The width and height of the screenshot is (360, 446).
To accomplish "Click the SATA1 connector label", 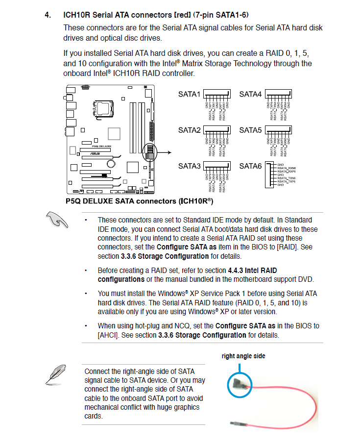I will pyautogui.click(x=189, y=95).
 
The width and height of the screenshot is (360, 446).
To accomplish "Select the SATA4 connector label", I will pyautogui.click(x=250, y=95).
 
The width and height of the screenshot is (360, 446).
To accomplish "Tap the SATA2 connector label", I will pyautogui.click(x=189, y=130).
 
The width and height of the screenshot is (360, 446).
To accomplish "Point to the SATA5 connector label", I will pyautogui.click(x=250, y=130).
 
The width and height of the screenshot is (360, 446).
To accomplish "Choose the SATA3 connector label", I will pyautogui.click(x=189, y=166).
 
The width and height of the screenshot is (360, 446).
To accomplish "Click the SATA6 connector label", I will pyautogui.click(x=250, y=166).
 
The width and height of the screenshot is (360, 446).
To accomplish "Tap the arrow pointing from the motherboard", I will pyautogui.click(x=165, y=152).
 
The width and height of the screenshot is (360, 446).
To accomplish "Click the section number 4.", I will pyautogui.click(x=48, y=15).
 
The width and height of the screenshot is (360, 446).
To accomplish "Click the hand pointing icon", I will pyautogui.click(x=57, y=221).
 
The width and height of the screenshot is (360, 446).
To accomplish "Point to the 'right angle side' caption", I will pyautogui.click(x=243, y=356).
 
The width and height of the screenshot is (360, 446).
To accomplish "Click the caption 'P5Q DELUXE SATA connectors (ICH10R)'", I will pyautogui.click(x=139, y=201).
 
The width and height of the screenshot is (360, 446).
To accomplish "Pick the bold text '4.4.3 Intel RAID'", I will pyautogui.click(x=252, y=270).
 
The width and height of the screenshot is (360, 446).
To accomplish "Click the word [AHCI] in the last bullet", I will pyautogui.click(x=111, y=335).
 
